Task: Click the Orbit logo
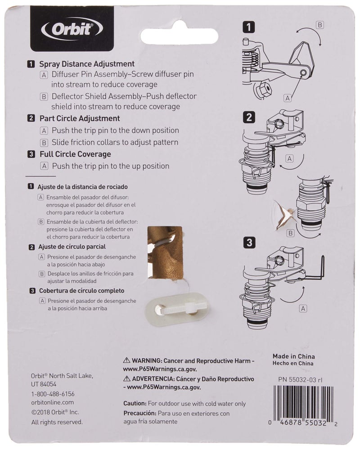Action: [72, 30]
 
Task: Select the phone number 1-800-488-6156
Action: [53, 393]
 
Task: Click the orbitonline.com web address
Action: [53, 402]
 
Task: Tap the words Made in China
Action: [293, 356]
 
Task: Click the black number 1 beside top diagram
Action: [248, 27]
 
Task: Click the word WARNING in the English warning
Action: [147, 361]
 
